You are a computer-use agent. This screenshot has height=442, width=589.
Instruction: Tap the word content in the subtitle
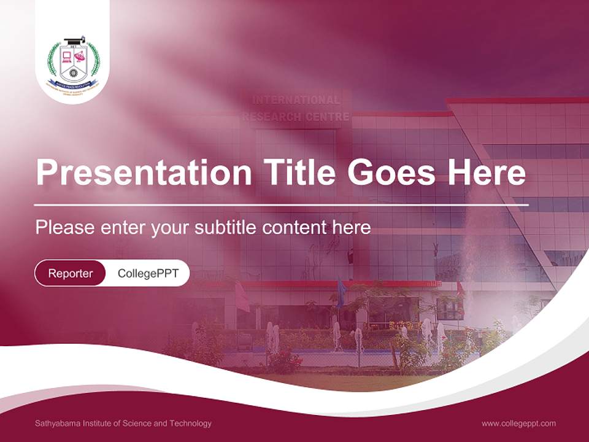[295, 228]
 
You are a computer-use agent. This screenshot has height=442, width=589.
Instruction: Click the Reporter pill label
[71, 273]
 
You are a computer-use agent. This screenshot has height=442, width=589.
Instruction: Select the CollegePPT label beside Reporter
[148, 273]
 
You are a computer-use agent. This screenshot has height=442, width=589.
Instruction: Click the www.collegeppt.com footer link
[518, 423]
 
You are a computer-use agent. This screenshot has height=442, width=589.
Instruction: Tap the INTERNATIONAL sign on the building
[296, 100]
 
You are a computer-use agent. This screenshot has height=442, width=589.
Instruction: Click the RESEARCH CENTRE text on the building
[296, 117]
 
